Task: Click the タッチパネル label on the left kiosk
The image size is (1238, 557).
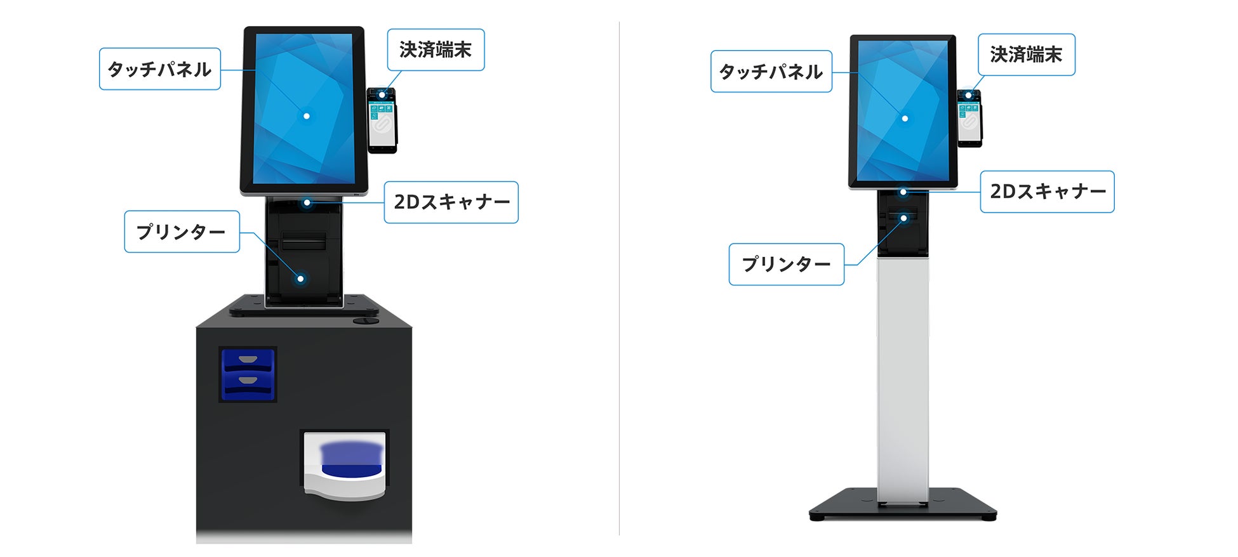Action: (x=160, y=69)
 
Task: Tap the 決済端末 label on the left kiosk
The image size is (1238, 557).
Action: (x=436, y=50)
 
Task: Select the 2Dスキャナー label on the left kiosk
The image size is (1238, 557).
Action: (x=451, y=202)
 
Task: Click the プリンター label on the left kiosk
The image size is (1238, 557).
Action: (x=182, y=232)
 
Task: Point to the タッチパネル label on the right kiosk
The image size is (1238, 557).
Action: (x=771, y=72)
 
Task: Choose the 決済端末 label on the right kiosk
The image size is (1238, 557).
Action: (x=1026, y=55)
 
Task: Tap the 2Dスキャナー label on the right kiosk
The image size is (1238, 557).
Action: (x=1047, y=192)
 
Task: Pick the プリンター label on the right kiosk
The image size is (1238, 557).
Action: (x=786, y=265)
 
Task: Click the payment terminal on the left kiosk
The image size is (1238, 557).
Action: (x=382, y=121)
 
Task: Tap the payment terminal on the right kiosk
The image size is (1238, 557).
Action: (x=969, y=118)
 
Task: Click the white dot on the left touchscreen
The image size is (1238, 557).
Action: (x=307, y=116)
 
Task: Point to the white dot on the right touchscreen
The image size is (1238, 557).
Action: (x=905, y=119)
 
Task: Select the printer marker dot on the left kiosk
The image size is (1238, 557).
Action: (x=301, y=278)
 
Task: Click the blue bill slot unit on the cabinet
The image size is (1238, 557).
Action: (x=248, y=374)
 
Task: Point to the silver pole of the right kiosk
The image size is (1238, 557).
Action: (x=903, y=381)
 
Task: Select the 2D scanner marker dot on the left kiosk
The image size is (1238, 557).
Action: (x=307, y=203)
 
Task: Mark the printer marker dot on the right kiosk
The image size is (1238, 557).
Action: (x=903, y=218)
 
